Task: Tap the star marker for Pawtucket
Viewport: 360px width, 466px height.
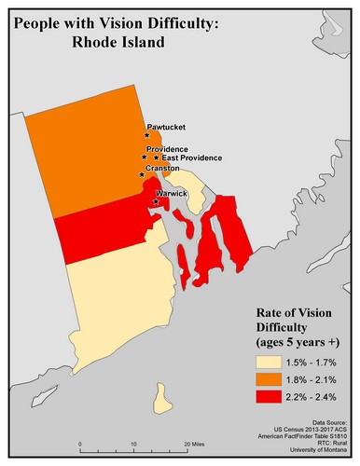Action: (147, 135)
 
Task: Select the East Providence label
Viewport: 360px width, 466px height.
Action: (190, 158)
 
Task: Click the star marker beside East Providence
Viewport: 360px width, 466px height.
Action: (156, 158)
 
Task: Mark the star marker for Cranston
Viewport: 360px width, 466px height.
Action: (142, 174)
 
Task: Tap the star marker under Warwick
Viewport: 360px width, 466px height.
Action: (155, 200)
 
